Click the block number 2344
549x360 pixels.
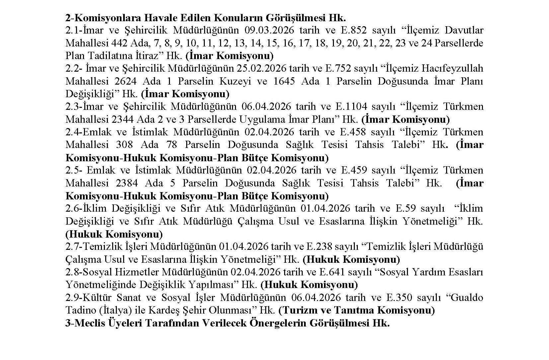(127, 119)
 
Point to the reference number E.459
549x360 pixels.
(354, 170)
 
